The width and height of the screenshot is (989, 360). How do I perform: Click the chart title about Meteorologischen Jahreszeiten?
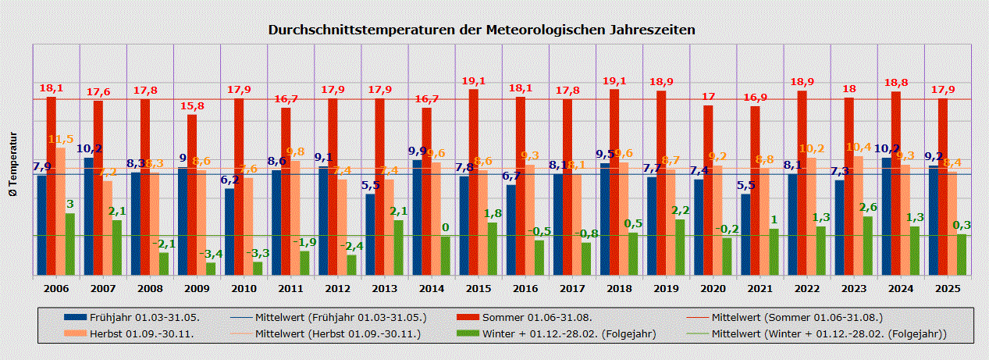pos(482,30)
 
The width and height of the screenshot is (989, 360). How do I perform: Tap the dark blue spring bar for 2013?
pos(370,233)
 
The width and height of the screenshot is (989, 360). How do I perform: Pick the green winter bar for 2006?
pos(70,244)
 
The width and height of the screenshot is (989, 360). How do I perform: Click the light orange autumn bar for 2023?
pos(858,215)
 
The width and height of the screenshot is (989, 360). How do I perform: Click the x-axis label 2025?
pos(947,288)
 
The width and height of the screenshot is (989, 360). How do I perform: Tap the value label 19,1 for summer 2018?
pos(614,80)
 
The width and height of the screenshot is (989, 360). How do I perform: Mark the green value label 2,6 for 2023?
pos(867,207)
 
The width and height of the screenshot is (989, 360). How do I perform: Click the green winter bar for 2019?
pos(680,247)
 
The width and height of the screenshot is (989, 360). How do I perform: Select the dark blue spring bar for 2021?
pos(745,233)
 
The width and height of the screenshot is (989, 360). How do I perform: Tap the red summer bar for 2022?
pos(802,183)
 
